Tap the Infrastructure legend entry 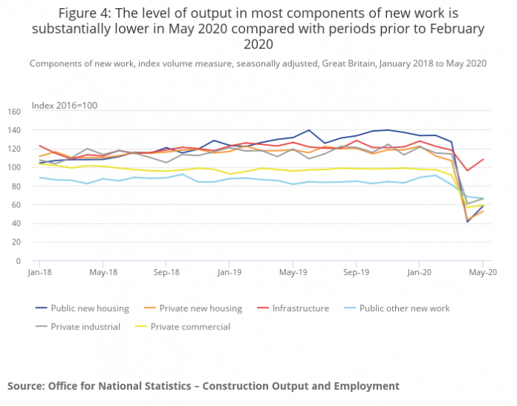click(301, 309)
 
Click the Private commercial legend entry click(190, 326)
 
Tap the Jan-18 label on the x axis click(39, 272)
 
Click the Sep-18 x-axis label click(166, 272)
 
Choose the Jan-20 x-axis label click(419, 272)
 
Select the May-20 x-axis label click(483, 272)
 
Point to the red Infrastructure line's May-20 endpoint click(483, 159)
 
